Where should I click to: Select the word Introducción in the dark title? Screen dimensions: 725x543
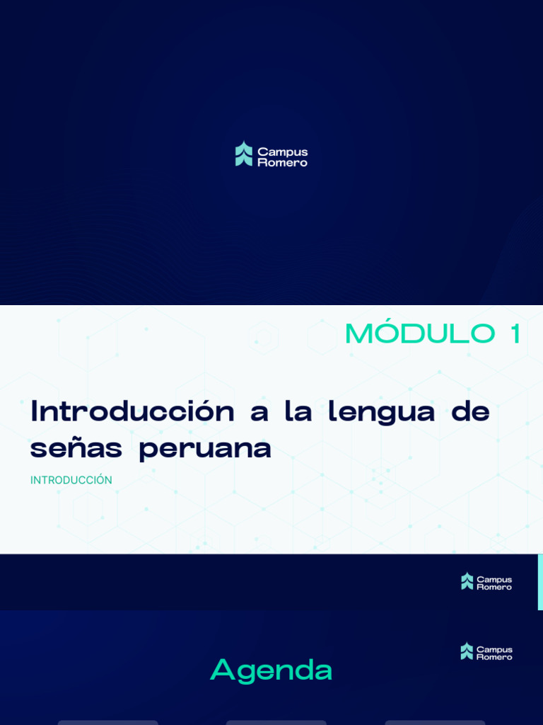click(132, 411)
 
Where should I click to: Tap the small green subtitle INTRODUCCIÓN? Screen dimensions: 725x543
click(71, 480)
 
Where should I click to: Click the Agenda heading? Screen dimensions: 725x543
click(271, 670)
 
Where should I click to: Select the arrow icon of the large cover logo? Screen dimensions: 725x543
click(244, 154)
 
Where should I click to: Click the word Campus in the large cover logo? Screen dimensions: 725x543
click(283, 152)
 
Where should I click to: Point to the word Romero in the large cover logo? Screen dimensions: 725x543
click(283, 162)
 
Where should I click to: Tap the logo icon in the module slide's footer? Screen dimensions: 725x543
click(467, 581)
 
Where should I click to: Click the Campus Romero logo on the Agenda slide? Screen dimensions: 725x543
click(486, 651)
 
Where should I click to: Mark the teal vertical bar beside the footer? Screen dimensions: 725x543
click(540, 581)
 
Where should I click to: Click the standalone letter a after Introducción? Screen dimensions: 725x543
click(259, 413)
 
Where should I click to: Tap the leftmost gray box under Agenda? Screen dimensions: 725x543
click(108, 722)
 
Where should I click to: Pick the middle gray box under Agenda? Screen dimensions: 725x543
click(276, 722)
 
